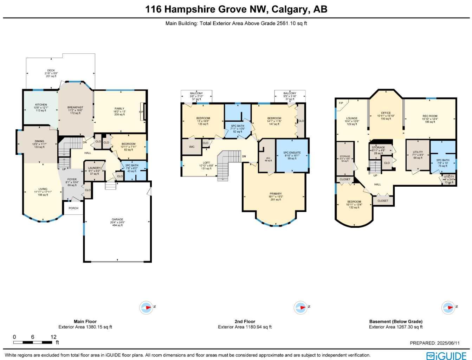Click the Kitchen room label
(x=41, y=105)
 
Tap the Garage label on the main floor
(x=117, y=219)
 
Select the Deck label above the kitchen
(x=51, y=71)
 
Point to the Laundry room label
(x=94, y=168)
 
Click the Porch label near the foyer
(x=73, y=208)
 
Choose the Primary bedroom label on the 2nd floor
(x=276, y=194)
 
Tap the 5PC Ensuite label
(x=292, y=153)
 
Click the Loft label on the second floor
(x=206, y=163)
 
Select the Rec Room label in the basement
(x=430, y=116)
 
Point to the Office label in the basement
(x=386, y=113)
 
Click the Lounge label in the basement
(x=351, y=118)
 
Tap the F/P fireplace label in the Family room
(x=141, y=112)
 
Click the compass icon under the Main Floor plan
(x=146, y=308)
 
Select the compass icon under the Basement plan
(x=448, y=308)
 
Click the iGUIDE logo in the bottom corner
(x=447, y=355)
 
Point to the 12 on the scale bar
(x=53, y=337)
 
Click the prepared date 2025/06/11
(x=447, y=343)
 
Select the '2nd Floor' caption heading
(x=245, y=321)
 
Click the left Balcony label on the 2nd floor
(x=196, y=94)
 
